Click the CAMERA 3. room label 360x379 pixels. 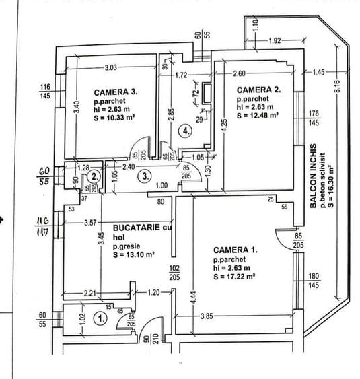click(116, 92)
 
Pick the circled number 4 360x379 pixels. click(186, 132)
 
